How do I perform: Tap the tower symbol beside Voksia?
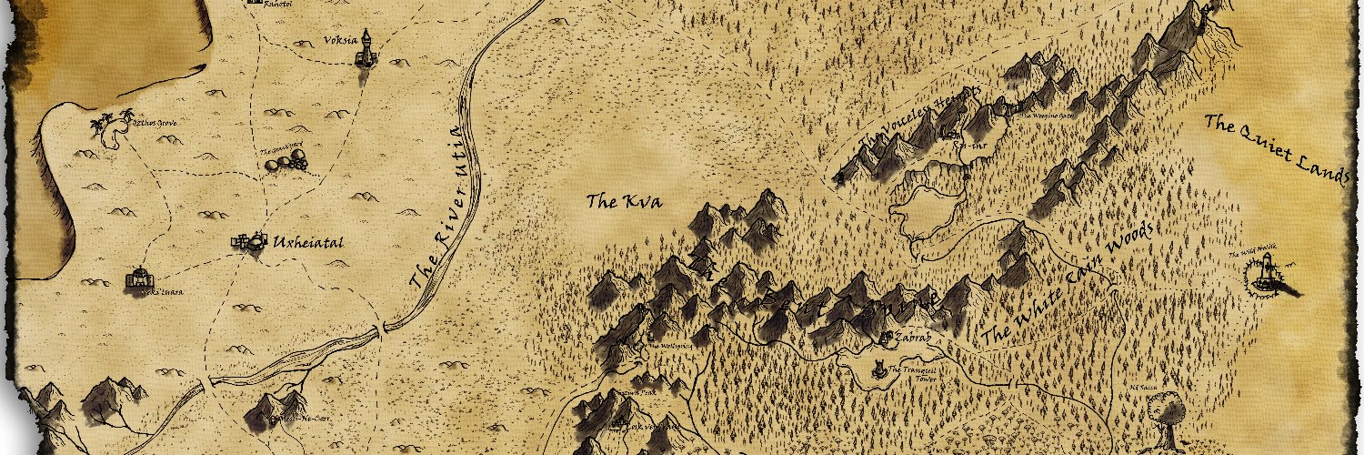pos(366,49)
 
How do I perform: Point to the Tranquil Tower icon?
pos(879,369)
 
